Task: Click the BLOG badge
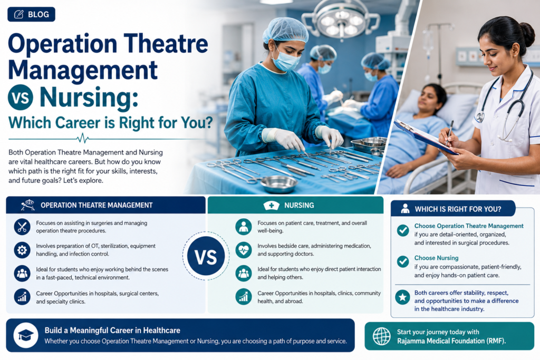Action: (x=31, y=14)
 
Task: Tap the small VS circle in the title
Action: (x=21, y=98)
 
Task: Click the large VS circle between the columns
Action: (x=206, y=256)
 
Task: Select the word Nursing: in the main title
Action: (x=89, y=98)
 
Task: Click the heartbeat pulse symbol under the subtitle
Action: (x=83, y=138)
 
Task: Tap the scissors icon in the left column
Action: (x=22, y=227)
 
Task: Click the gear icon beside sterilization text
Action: (x=22, y=250)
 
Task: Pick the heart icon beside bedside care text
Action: (x=244, y=250)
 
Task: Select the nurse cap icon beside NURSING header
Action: (x=272, y=206)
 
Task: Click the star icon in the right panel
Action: (x=402, y=297)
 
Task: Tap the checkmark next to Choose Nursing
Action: (x=402, y=261)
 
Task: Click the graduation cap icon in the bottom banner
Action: (x=26, y=335)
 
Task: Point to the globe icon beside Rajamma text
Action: (x=382, y=336)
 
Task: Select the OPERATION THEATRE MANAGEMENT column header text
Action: (x=97, y=205)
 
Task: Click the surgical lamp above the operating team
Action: (x=341, y=20)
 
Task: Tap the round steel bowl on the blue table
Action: (x=278, y=184)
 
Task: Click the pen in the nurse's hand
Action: (x=449, y=133)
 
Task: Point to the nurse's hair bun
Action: (x=527, y=34)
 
